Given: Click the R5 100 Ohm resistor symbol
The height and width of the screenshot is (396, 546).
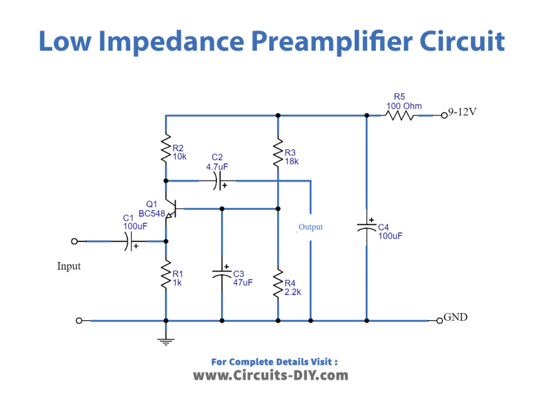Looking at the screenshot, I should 401,116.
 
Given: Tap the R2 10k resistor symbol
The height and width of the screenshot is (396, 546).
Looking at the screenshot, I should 166,147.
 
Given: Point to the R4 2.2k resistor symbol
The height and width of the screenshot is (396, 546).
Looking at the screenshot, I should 278,283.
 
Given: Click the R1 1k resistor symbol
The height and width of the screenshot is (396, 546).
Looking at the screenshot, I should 166,275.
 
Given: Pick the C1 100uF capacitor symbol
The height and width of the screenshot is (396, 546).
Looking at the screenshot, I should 129,241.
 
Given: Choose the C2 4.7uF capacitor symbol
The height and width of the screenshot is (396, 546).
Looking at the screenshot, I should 219,180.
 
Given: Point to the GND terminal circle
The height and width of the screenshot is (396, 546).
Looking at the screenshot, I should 439,321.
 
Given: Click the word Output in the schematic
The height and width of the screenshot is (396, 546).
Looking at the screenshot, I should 310,227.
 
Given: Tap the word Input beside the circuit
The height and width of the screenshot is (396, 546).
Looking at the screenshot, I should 69,266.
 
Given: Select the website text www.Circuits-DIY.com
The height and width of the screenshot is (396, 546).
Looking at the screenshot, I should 271,376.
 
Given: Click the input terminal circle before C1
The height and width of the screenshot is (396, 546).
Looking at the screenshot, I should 75,241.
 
